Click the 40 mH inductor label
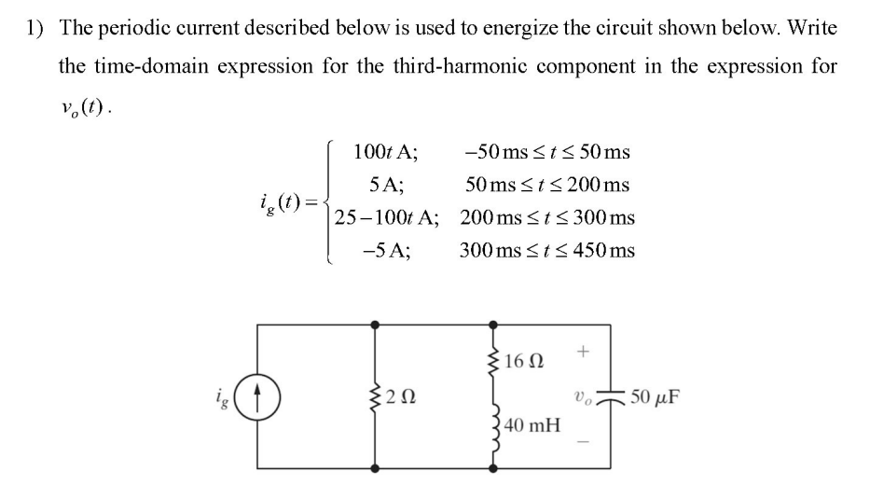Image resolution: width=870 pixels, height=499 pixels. coord(532,426)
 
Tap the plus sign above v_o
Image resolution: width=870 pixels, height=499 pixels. coord(583,352)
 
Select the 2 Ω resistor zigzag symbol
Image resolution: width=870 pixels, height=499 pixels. coord(377,395)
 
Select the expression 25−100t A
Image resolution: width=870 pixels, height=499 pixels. coord(387,217)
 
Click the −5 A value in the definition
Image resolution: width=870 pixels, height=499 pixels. coord(387,250)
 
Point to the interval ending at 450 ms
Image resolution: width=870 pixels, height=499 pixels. coord(546,250)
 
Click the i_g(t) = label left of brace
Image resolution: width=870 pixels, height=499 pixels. coord(287,201)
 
